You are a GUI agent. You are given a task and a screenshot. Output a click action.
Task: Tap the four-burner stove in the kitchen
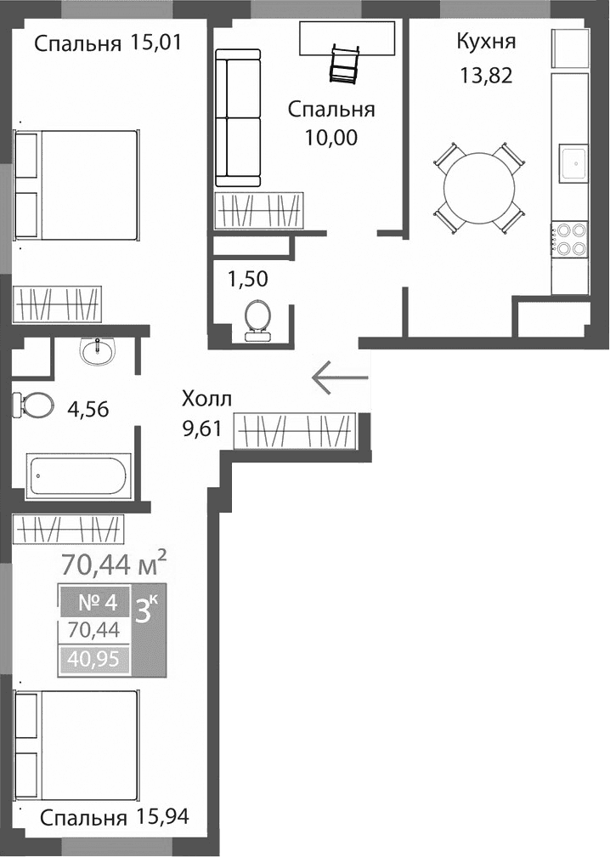tap(570, 239)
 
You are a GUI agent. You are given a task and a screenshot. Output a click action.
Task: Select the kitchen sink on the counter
tap(572, 162)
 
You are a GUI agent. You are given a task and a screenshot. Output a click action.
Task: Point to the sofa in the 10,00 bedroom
tap(237, 118)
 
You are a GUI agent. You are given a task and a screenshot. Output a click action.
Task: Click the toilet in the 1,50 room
tap(256, 321)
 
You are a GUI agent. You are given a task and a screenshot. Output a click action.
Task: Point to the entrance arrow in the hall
tap(340, 377)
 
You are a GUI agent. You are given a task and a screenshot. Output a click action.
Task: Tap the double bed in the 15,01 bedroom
tap(76, 184)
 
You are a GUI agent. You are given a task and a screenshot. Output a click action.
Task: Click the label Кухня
tap(486, 42)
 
